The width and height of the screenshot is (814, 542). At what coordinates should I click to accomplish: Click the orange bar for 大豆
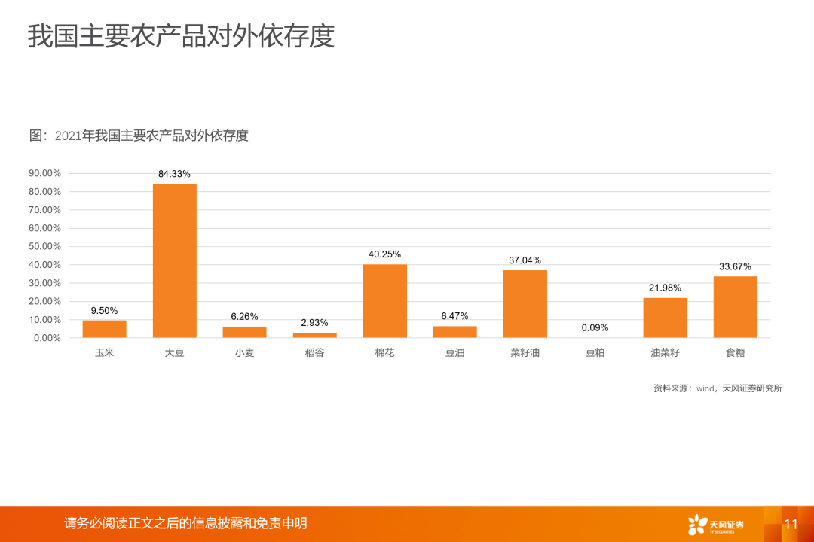pos(175,260)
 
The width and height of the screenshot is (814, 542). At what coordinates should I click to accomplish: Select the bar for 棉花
pos(384,301)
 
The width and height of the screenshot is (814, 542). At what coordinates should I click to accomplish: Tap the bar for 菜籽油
pos(525,304)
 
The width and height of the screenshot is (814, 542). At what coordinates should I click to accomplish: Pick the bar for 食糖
pos(735,307)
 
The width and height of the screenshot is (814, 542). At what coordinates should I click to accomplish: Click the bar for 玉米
pos(105,329)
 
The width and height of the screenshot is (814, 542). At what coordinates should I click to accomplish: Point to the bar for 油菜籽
pos(665,318)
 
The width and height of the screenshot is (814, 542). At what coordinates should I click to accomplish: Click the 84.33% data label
pos(174,174)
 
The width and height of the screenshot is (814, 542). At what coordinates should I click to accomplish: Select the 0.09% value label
pos(595,327)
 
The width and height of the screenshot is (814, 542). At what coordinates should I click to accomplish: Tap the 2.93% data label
pos(314,323)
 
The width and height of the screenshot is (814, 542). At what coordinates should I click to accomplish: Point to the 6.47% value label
pos(454,316)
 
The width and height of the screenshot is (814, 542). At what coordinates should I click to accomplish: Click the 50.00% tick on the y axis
pos(45,246)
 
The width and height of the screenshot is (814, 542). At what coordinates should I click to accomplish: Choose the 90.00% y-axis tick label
pos(45,173)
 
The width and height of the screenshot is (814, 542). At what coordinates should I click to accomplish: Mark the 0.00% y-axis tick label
pos(47,338)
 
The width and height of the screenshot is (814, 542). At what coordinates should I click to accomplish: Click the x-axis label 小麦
pos(244,352)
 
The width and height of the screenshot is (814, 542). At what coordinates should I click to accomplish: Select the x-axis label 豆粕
pos(595,352)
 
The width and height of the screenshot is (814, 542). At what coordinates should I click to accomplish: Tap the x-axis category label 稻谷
pos(314,352)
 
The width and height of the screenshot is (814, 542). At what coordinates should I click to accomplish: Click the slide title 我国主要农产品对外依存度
pos(181,36)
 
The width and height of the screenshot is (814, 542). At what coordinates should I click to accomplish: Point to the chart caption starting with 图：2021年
pos(139,135)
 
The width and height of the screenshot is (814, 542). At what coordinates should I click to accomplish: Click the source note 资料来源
pos(718,388)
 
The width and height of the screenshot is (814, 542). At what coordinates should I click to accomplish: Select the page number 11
pos(791,524)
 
